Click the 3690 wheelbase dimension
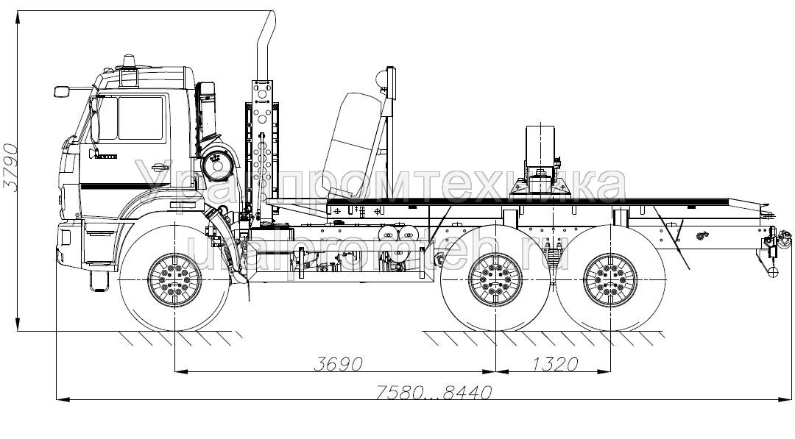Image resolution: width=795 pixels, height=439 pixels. (339, 363)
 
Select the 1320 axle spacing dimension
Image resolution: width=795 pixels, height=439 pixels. (553, 363)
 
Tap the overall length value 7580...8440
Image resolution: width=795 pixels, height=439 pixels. (433, 392)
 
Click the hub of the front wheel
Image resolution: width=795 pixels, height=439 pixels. (174, 282)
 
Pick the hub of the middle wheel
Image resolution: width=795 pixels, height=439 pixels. (495, 282)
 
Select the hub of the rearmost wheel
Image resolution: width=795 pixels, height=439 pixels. (609, 282)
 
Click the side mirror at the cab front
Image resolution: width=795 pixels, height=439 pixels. (62, 91)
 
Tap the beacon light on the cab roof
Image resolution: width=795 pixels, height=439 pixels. (130, 61)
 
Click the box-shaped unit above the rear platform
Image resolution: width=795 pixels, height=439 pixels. (541, 147)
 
